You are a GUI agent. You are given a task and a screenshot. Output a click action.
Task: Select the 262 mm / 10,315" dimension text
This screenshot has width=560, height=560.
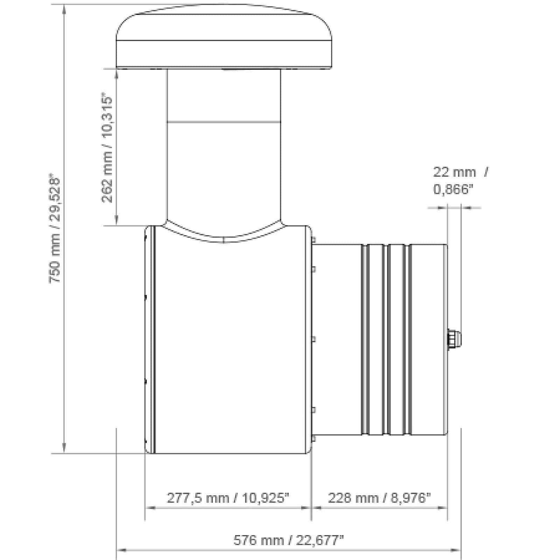click(x=107, y=148)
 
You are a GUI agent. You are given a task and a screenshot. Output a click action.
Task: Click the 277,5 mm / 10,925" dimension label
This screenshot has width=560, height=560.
click(x=228, y=497)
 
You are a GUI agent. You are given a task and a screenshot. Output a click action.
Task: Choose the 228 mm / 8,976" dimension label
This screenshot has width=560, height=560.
click(x=379, y=497)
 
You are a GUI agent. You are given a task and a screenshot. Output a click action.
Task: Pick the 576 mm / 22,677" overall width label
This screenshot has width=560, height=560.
click(x=288, y=540)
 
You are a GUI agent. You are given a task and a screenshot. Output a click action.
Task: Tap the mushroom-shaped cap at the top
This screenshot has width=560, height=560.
click(x=224, y=38)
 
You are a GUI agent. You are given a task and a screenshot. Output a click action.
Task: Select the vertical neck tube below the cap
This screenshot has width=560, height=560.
click(x=224, y=157)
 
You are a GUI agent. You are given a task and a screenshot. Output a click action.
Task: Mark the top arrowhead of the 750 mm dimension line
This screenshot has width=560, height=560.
click(x=64, y=8)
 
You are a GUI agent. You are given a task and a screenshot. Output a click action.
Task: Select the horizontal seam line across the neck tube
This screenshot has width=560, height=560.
click(x=224, y=122)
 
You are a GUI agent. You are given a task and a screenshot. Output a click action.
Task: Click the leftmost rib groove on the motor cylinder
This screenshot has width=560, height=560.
click(x=365, y=339)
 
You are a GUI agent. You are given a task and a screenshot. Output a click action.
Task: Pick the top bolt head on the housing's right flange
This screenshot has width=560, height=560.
click(x=313, y=240)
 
